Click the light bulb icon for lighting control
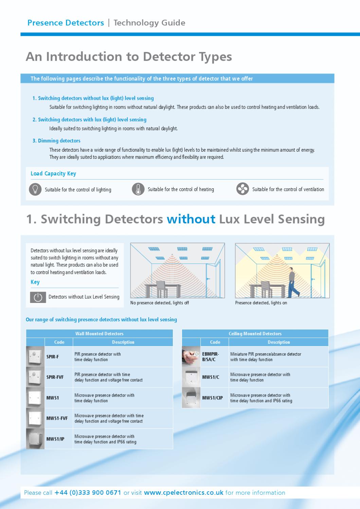click(35, 189)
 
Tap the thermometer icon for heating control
click(138, 189)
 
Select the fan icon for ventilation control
click(242, 189)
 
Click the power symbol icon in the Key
click(38, 297)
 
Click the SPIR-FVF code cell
click(55, 377)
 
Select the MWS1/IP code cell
click(55, 439)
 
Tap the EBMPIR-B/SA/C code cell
click(211, 357)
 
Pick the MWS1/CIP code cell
click(213, 398)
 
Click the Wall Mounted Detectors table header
click(99, 334)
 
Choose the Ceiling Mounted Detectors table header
click(255, 334)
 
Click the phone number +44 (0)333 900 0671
click(88, 493)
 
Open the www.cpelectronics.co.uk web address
click(184, 493)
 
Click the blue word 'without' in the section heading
click(191, 219)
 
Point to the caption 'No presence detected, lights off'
click(160, 303)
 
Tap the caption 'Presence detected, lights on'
click(261, 303)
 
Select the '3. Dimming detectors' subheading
click(56, 141)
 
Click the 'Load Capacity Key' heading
click(53, 174)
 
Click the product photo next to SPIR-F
click(35, 357)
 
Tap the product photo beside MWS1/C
click(191, 377)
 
